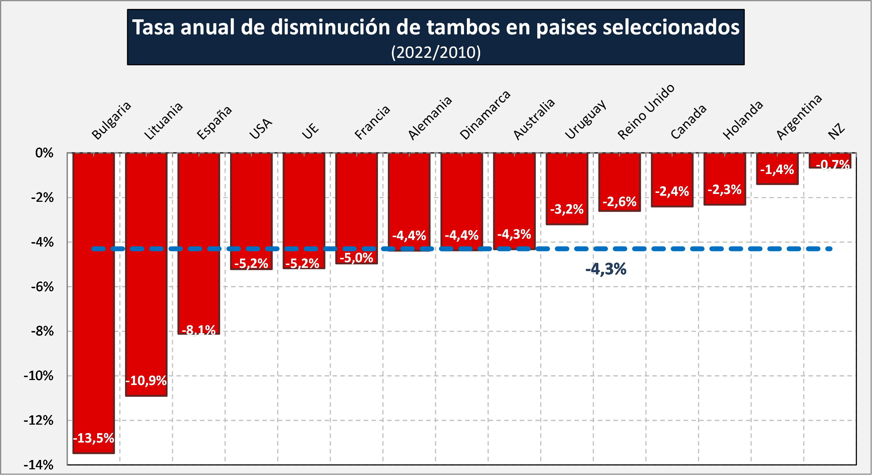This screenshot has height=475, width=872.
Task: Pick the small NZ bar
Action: (x=830, y=160)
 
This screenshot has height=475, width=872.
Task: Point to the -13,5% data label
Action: (x=94, y=438)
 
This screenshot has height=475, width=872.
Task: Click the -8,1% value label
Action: (x=199, y=330)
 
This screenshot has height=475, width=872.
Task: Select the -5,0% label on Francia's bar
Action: (x=357, y=257)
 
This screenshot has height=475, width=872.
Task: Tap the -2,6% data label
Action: (x=619, y=202)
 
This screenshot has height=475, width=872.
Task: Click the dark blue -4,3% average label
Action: (x=606, y=269)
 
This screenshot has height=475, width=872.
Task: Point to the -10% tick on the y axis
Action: (x=39, y=376)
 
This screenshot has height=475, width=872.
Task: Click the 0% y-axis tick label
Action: (x=44, y=153)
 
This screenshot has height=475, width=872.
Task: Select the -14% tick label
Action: (x=39, y=465)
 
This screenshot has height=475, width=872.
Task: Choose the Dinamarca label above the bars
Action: (x=485, y=115)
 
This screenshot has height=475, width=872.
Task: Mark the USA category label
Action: (x=261, y=129)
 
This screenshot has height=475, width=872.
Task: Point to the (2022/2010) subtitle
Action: (x=436, y=52)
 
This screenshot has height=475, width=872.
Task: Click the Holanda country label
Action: (x=743, y=120)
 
